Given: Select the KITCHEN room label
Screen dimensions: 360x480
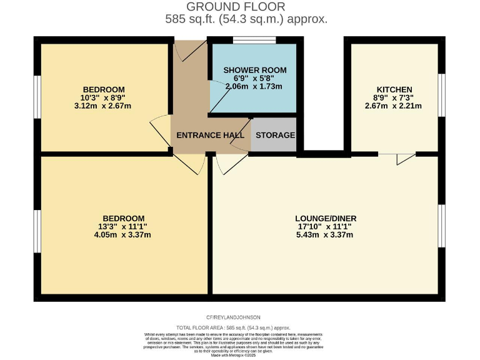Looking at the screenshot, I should pyautogui.click(x=394, y=89).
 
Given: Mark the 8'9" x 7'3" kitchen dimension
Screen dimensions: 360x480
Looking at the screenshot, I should pyautogui.click(x=394, y=97).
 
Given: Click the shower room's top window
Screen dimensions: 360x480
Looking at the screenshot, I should pyautogui.click(x=254, y=41).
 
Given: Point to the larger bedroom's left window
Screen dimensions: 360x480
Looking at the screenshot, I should pyautogui.click(x=37, y=231).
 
